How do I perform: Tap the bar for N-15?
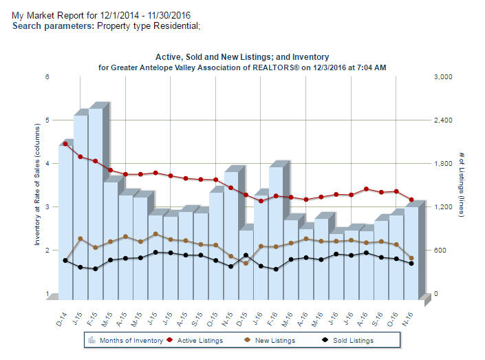pyautogui.click(x=231, y=234)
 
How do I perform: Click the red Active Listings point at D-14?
pyautogui.click(x=65, y=144)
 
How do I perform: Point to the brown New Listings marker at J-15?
pyautogui.click(x=80, y=239)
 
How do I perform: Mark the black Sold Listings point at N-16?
pyautogui.click(x=411, y=264)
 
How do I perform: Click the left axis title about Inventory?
pyautogui.click(x=37, y=186)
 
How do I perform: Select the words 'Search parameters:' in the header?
pyautogui.click(x=54, y=25)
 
